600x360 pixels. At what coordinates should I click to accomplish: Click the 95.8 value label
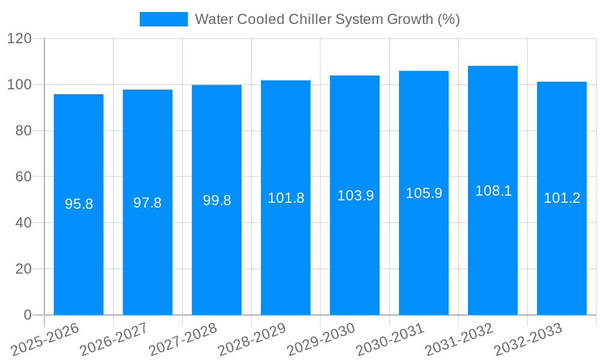click(x=79, y=204)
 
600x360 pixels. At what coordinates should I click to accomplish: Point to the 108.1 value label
click(x=493, y=191)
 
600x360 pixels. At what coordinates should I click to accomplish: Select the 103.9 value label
click(x=355, y=196)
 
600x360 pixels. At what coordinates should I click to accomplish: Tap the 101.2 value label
click(x=562, y=198)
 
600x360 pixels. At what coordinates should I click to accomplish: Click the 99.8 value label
click(x=217, y=200)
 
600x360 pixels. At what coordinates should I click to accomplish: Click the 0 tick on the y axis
click(x=27, y=315)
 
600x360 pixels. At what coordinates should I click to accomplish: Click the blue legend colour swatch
click(x=163, y=19)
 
